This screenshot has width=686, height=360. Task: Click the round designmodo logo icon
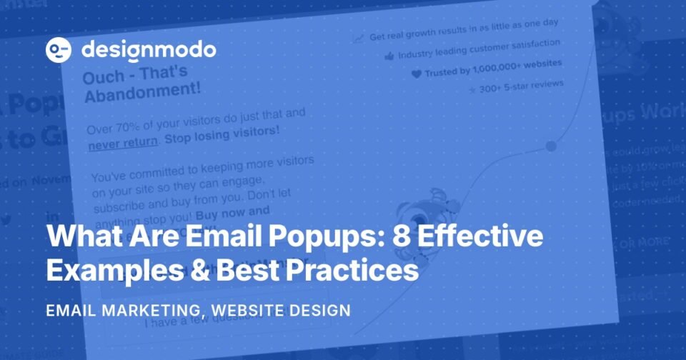click(x=59, y=50)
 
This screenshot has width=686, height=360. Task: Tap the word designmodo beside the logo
click(x=149, y=50)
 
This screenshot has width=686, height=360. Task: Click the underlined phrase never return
click(x=122, y=141)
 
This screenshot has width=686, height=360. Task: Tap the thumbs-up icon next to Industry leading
click(x=389, y=56)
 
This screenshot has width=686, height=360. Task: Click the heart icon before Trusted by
click(x=416, y=74)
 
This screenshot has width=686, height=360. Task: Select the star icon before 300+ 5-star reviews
click(x=472, y=91)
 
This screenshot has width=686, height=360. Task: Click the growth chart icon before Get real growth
click(x=359, y=37)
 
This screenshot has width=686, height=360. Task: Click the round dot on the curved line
click(x=550, y=146)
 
